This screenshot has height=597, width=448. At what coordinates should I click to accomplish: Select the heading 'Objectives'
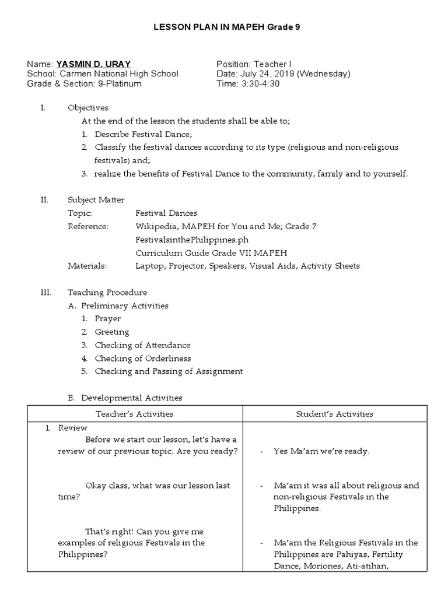(x=87, y=108)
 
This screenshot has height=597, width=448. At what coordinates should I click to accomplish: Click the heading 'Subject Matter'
(x=96, y=200)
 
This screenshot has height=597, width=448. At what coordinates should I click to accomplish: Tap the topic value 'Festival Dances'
(x=166, y=213)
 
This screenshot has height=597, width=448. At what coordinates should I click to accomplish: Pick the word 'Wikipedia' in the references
(x=157, y=226)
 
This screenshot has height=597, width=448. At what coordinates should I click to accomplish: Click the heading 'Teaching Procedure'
(x=107, y=293)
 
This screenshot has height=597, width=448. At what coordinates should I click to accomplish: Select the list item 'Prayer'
(x=108, y=319)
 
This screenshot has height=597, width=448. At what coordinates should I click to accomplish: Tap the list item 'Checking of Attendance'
(x=142, y=345)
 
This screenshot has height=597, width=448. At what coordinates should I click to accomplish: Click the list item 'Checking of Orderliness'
(x=143, y=359)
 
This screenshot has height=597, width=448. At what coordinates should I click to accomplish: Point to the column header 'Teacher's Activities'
(x=135, y=414)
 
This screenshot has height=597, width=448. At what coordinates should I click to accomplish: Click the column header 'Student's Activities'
(x=334, y=414)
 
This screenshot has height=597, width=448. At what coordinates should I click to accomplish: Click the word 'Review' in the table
(x=72, y=428)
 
